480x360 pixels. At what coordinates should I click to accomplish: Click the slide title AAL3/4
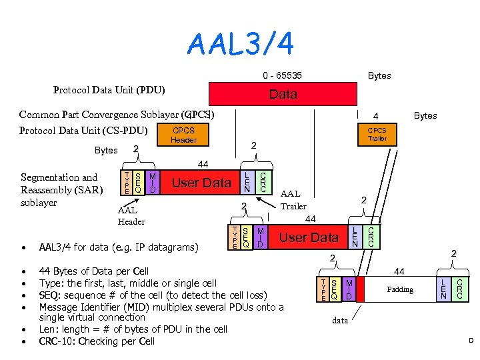tap(241, 45)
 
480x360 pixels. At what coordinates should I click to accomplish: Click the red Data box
tap(283, 94)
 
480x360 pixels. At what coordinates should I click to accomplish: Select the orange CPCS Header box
tap(183, 135)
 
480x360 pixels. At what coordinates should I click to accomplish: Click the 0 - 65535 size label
tap(282, 75)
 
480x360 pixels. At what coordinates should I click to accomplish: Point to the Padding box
tap(400, 289)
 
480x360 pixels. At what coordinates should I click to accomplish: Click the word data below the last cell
tap(340, 321)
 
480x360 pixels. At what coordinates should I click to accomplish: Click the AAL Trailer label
tap(293, 201)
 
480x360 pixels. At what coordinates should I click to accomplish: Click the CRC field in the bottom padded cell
tap(459, 288)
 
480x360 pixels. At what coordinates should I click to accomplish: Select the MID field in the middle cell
tap(260, 237)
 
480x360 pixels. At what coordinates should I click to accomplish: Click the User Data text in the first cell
tap(201, 182)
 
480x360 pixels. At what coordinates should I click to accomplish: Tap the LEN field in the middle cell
tap(355, 237)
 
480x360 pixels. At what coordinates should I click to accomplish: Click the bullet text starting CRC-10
tap(97, 341)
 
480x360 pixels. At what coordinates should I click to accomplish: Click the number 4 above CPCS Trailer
tap(376, 115)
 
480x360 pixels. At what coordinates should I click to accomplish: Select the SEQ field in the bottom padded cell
tap(335, 289)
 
